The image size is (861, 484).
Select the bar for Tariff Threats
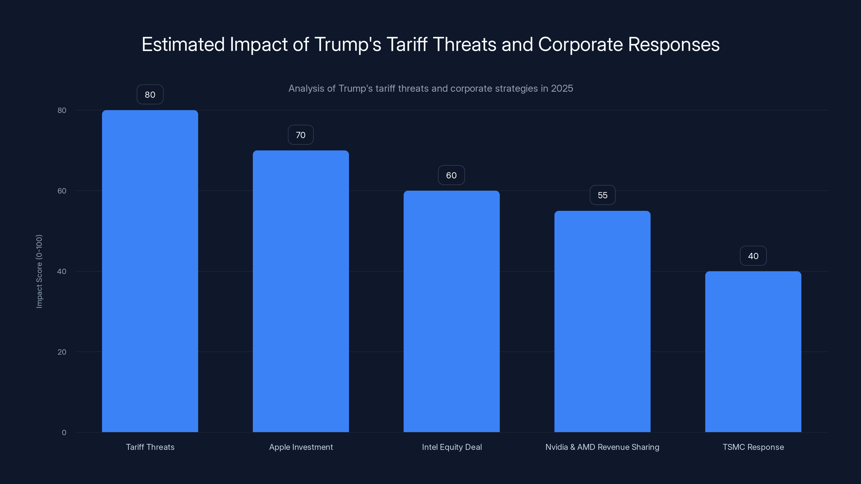pyautogui.click(x=150, y=271)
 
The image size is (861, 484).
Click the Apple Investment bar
pyautogui.click(x=301, y=291)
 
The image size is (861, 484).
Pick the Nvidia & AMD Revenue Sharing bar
pyautogui.click(x=602, y=321)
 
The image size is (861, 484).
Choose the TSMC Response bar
pyautogui.click(x=753, y=351)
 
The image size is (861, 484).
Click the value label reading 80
pyautogui.click(x=150, y=95)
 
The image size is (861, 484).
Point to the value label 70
pyautogui.click(x=301, y=135)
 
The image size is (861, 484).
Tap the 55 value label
pyautogui.click(x=602, y=195)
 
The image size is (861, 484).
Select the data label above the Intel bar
pyautogui.click(x=451, y=175)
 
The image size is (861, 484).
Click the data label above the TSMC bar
pyautogui.click(x=753, y=256)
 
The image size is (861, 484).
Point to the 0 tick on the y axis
pyautogui.click(x=64, y=433)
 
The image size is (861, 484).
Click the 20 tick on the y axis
pyautogui.click(x=62, y=352)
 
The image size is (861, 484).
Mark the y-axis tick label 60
pyautogui.click(x=62, y=191)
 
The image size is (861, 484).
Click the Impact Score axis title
pyautogui.click(x=39, y=271)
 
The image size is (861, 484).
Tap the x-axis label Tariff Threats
pyautogui.click(x=150, y=447)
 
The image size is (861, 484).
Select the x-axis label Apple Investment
pyautogui.click(x=301, y=447)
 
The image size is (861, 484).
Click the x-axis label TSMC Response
pyautogui.click(x=753, y=447)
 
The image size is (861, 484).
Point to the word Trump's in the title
pyautogui.click(x=348, y=44)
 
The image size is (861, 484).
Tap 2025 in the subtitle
pyautogui.click(x=562, y=88)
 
